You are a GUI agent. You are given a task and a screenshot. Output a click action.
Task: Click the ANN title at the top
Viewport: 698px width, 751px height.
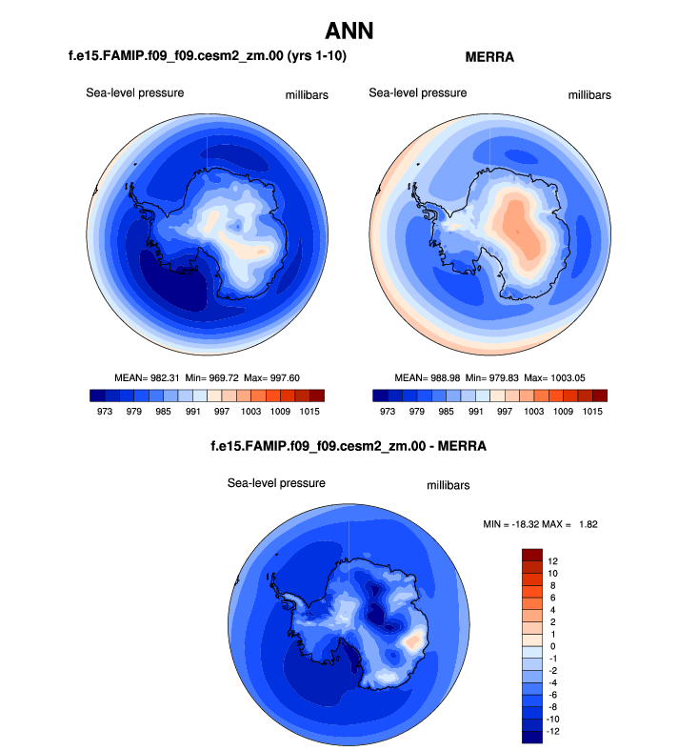(x=349, y=30)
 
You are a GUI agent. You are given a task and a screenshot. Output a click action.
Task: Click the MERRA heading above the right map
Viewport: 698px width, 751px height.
(x=489, y=57)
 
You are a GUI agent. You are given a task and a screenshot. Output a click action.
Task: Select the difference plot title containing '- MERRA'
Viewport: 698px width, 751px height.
(x=348, y=445)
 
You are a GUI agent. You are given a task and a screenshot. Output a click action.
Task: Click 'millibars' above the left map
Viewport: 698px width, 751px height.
(x=307, y=95)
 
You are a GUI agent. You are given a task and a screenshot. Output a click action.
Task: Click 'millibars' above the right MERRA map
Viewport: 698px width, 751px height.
(x=589, y=95)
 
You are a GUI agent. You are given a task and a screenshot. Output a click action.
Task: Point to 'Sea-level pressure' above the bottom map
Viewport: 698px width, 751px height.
(x=276, y=483)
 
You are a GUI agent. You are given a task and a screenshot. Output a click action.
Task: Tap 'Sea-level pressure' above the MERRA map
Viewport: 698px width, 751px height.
(x=418, y=92)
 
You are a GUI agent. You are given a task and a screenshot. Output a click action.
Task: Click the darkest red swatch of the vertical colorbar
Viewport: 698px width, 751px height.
(x=532, y=554)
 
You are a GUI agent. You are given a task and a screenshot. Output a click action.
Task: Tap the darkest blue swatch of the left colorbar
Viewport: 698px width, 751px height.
(x=97, y=396)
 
